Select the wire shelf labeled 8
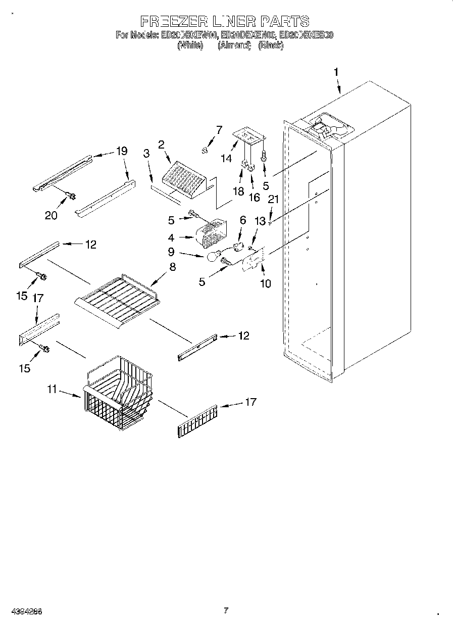117,298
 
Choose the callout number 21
273,200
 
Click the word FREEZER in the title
172,21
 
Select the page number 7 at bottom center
226,610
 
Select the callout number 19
121,151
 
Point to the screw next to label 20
70,195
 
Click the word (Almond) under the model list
234,45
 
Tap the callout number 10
265,283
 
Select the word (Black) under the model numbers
270,45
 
